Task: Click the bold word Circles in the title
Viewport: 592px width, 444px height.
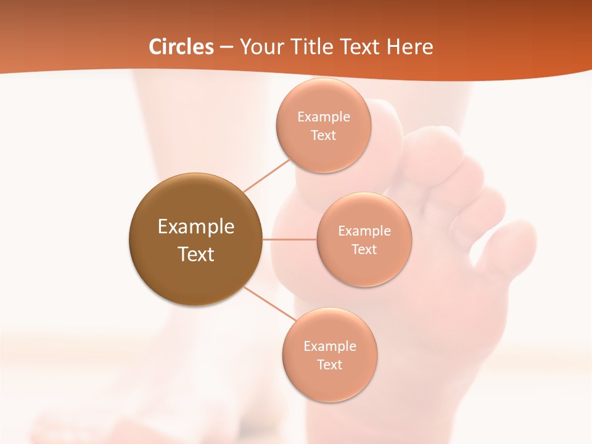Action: click(181, 47)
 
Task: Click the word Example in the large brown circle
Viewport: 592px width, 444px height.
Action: click(195, 227)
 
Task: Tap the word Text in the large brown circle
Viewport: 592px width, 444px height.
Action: click(195, 254)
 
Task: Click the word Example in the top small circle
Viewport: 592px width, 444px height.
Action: click(323, 117)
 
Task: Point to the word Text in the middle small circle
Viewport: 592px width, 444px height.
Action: click(364, 250)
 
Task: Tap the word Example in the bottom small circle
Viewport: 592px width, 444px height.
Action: click(329, 347)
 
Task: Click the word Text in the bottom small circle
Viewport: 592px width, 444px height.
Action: click(329, 365)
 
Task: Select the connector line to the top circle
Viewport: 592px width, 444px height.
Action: click(266, 175)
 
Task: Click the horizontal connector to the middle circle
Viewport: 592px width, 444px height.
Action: click(289, 239)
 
